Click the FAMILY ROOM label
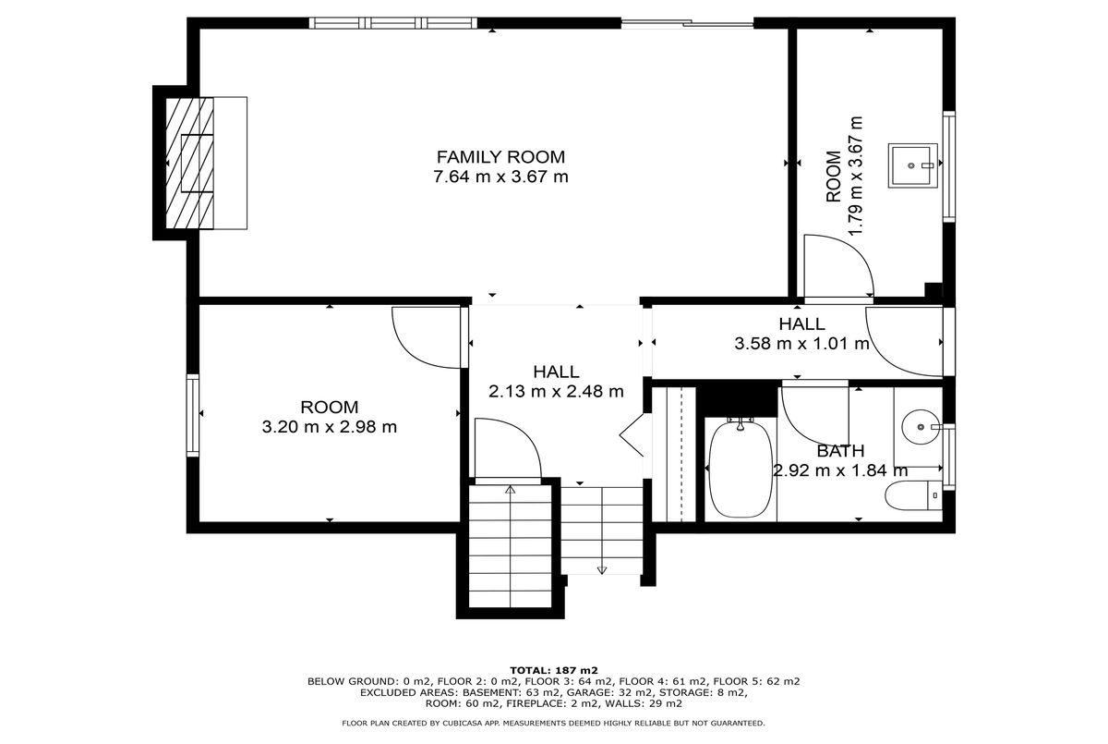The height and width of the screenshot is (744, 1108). click(x=500, y=157)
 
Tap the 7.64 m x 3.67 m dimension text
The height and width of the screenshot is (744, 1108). click(x=500, y=177)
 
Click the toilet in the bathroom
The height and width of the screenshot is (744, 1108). click(x=913, y=496)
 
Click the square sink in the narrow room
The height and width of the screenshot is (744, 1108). click(x=912, y=165)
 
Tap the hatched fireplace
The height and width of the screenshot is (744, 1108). click(x=190, y=164)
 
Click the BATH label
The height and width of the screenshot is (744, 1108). click(x=840, y=451)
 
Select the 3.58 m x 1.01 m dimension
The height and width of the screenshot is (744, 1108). click(x=801, y=344)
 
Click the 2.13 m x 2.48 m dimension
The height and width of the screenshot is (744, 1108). click(x=556, y=392)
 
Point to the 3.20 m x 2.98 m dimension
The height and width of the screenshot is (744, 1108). click(x=330, y=427)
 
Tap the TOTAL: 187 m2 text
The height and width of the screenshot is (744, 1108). click(x=554, y=670)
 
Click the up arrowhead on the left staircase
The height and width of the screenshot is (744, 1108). click(x=510, y=490)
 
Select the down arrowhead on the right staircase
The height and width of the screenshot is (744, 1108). click(x=601, y=570)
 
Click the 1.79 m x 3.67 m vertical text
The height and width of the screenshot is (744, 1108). click(x=855, y=177)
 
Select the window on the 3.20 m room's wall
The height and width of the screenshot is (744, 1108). click(x=193, y=415)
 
